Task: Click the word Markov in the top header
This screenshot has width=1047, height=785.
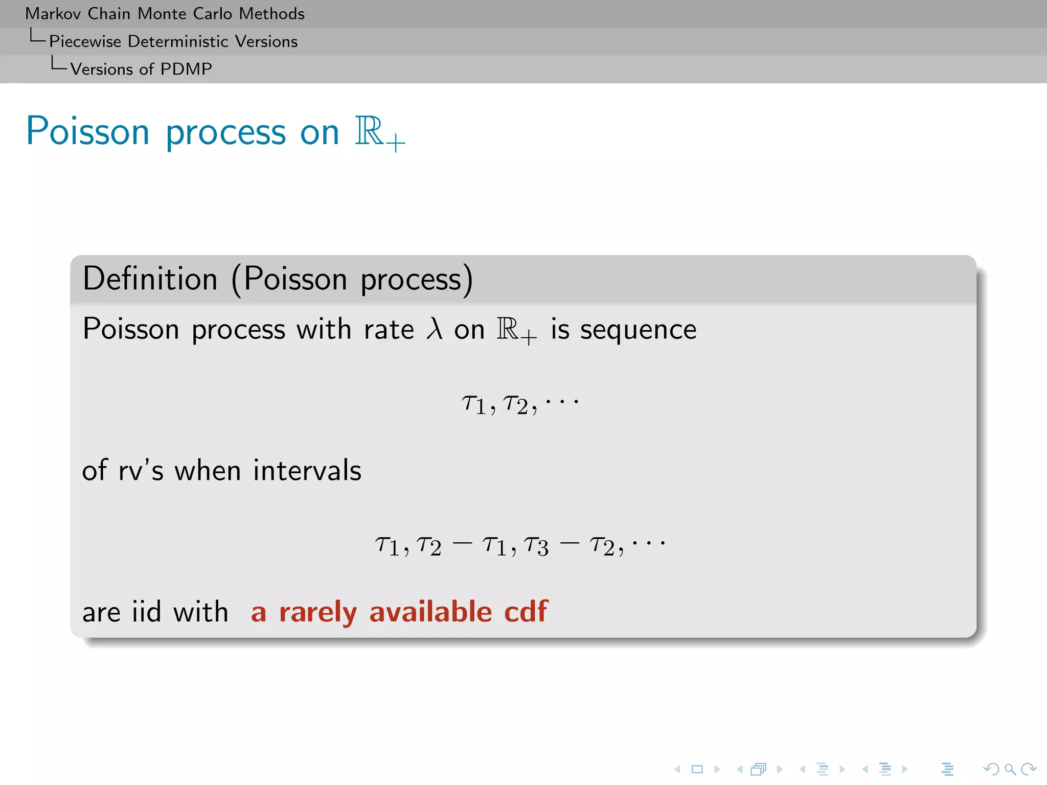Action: [53, 14]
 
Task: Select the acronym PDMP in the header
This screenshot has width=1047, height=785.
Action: [186, 69]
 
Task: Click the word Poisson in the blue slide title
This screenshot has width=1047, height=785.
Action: [87, 131]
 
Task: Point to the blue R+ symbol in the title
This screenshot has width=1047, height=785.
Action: [379, 133]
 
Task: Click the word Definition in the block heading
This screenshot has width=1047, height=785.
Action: [150, 279]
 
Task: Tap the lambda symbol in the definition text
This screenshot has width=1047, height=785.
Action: [434, 329]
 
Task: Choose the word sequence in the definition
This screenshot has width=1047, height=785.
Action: [638, 330]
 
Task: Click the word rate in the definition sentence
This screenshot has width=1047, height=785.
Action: [389, 330]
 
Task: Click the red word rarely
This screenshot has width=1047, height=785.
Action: [317, 612]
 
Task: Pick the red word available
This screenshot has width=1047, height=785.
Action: [430, 612]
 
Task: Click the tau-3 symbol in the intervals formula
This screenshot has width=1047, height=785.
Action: [536, 546]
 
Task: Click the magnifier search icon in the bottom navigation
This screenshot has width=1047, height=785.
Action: [1010, 769]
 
